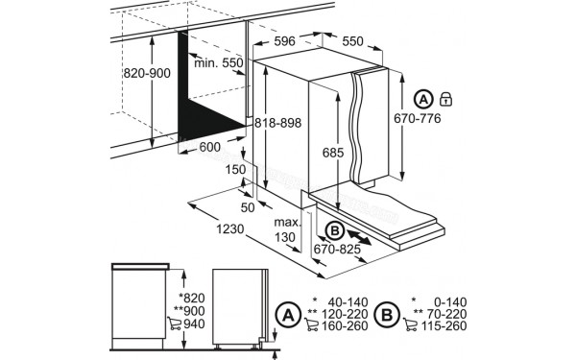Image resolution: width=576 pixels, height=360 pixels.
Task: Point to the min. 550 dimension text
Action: pos(219,64)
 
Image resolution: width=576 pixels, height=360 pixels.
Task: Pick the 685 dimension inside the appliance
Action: pos(331,153)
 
